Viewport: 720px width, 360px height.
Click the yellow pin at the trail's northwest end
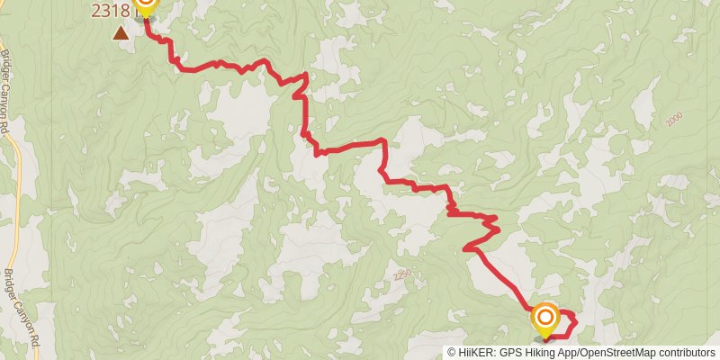pos(144,8)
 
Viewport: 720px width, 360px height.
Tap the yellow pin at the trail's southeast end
pos(545,319)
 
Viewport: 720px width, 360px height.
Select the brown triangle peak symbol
pos(120,33)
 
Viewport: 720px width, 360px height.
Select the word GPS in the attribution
pos(510,353)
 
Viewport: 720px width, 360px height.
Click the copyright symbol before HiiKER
pos(452,353)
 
